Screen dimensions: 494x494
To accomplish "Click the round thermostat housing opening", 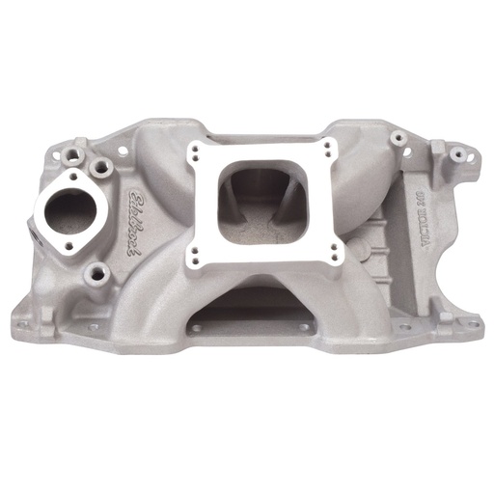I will click(65, 206).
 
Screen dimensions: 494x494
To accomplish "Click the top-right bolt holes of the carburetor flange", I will click(329, 149).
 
